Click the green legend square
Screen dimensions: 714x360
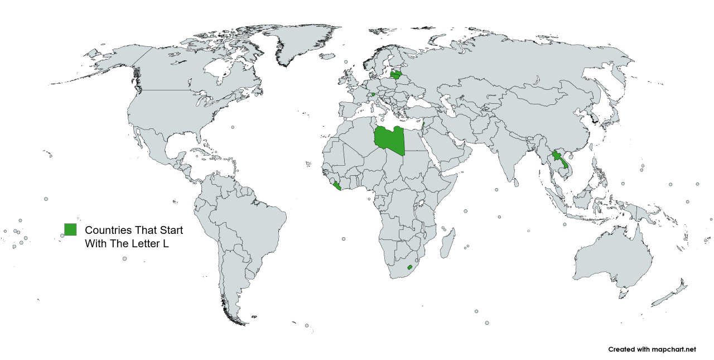tap(70, 229)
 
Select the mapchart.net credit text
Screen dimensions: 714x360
tap(652, 349)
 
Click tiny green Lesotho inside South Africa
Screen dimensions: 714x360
tap(411, 267)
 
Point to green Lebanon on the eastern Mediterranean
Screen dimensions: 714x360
tap(423, 124)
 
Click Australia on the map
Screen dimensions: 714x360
tap(614, 257)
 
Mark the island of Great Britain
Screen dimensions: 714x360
tap(351, 78)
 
